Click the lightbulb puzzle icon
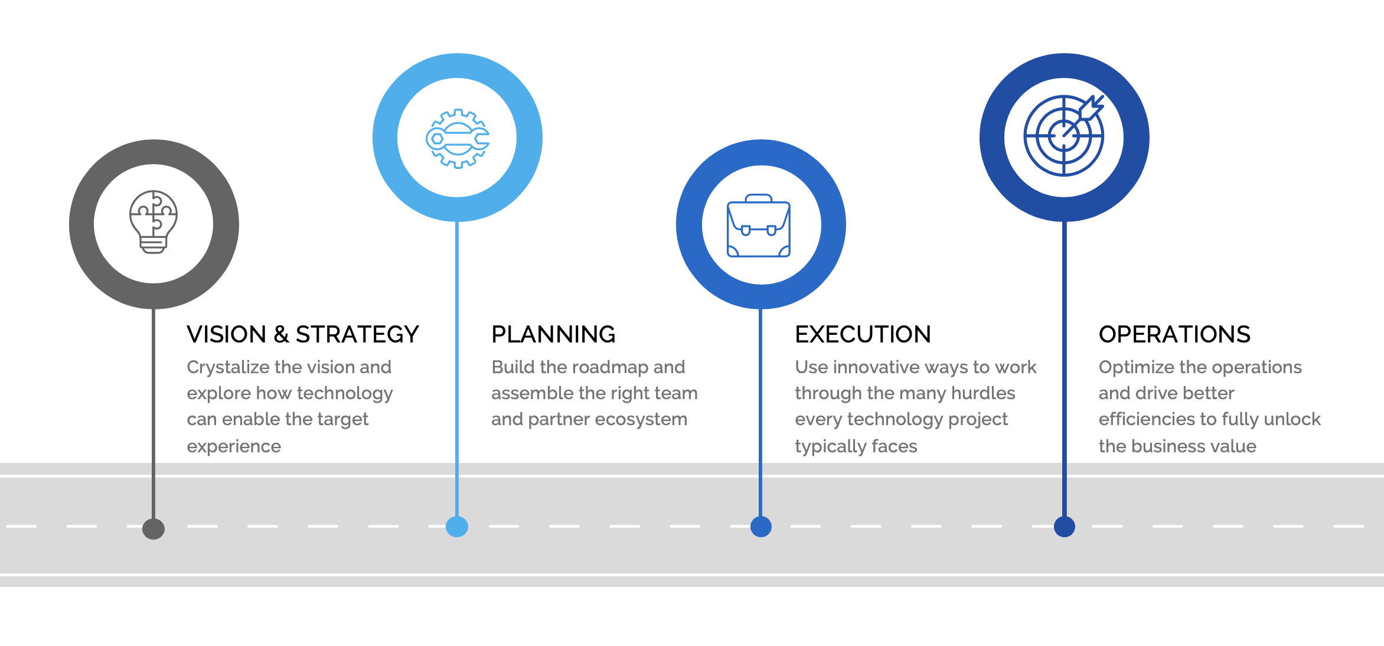coord(154,222)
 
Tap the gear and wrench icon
coord(458,139)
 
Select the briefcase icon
coord(759,226)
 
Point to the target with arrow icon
coord(1064,135)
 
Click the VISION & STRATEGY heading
coord(303,334)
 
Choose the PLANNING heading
coord(553,334)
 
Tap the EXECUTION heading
coord(863,334)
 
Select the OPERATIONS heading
coord(1174,334)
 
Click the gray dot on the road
coord(154,528)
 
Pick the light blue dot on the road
coord(457,526)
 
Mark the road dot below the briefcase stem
coord(761,526)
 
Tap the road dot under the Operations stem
coord(1065,526)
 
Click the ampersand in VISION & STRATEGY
coord(281,335)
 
